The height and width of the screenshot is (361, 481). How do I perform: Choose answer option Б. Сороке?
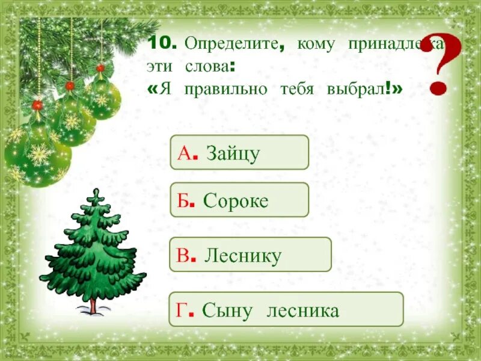tap(239, 200)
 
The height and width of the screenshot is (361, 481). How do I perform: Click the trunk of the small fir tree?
tap(93, 306)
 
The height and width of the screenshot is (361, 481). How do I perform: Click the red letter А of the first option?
tap(183, 153)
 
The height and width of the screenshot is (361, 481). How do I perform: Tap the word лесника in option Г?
tap(304, 310)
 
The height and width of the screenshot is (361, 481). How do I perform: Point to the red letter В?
tap(183, 256)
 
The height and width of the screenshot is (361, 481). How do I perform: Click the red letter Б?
tap(183, 200)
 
